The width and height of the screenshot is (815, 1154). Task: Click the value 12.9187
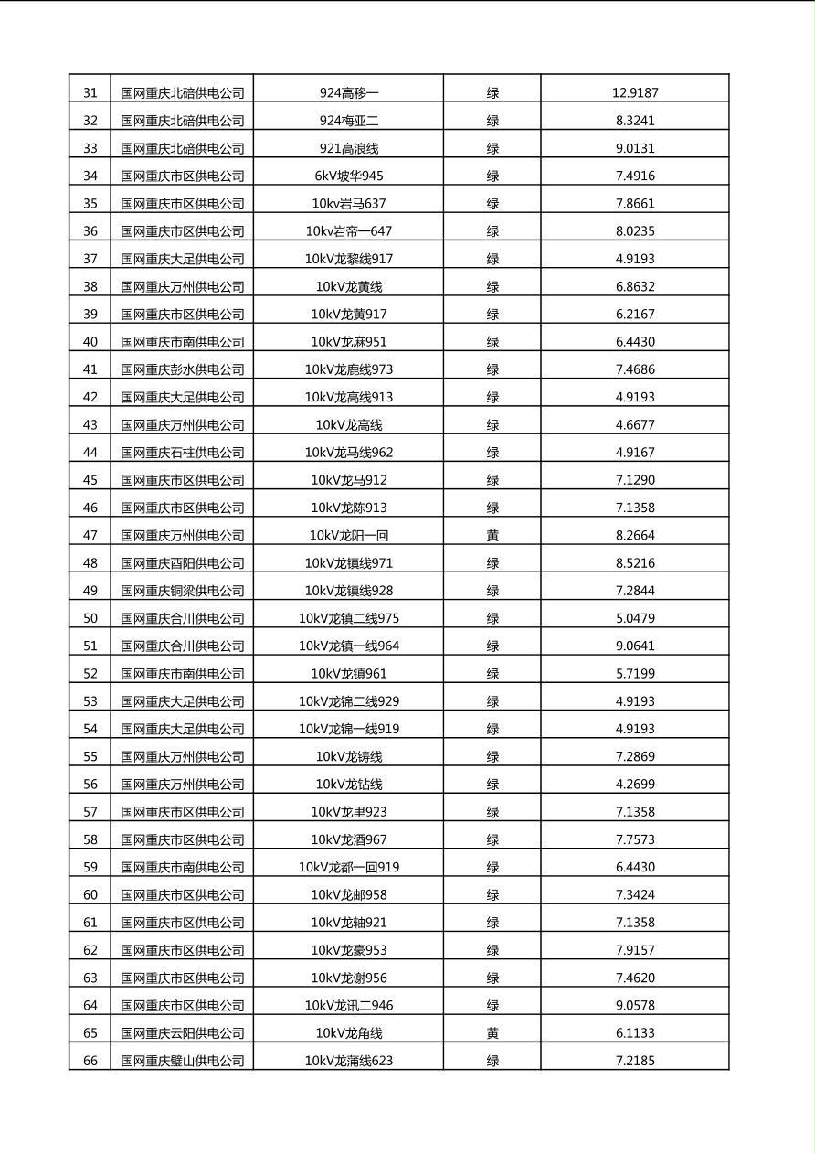(635, 92)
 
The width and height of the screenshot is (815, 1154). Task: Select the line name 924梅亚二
(349, 120)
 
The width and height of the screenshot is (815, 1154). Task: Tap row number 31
(90, 92)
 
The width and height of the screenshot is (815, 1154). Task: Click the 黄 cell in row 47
(492, 535)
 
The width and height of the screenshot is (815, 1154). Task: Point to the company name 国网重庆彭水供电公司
(183, 369)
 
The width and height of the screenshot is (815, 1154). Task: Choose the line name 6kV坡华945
(349, 176)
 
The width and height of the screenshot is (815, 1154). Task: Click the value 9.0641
(635, 646)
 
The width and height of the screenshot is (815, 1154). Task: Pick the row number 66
(90, 1061)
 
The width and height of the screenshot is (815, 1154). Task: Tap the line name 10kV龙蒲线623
(349, 1061)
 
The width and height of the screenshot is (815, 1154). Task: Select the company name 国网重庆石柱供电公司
(183, 452)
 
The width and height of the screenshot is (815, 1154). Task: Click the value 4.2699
(635, 784)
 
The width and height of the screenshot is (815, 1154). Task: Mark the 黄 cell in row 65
(492, 1032)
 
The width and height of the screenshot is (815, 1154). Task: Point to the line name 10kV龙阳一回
(349, 535)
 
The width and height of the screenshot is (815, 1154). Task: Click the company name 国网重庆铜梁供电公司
(183, 591)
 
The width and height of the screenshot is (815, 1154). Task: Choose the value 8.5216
(635, 562)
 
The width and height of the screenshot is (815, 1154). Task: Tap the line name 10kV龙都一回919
(349, 867)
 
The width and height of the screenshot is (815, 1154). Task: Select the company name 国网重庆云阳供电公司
(183, 1032)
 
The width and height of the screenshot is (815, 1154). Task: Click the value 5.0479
(635, 618)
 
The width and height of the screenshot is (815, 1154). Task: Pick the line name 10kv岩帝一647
(349, 230)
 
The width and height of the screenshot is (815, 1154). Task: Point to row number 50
(90, 618)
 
